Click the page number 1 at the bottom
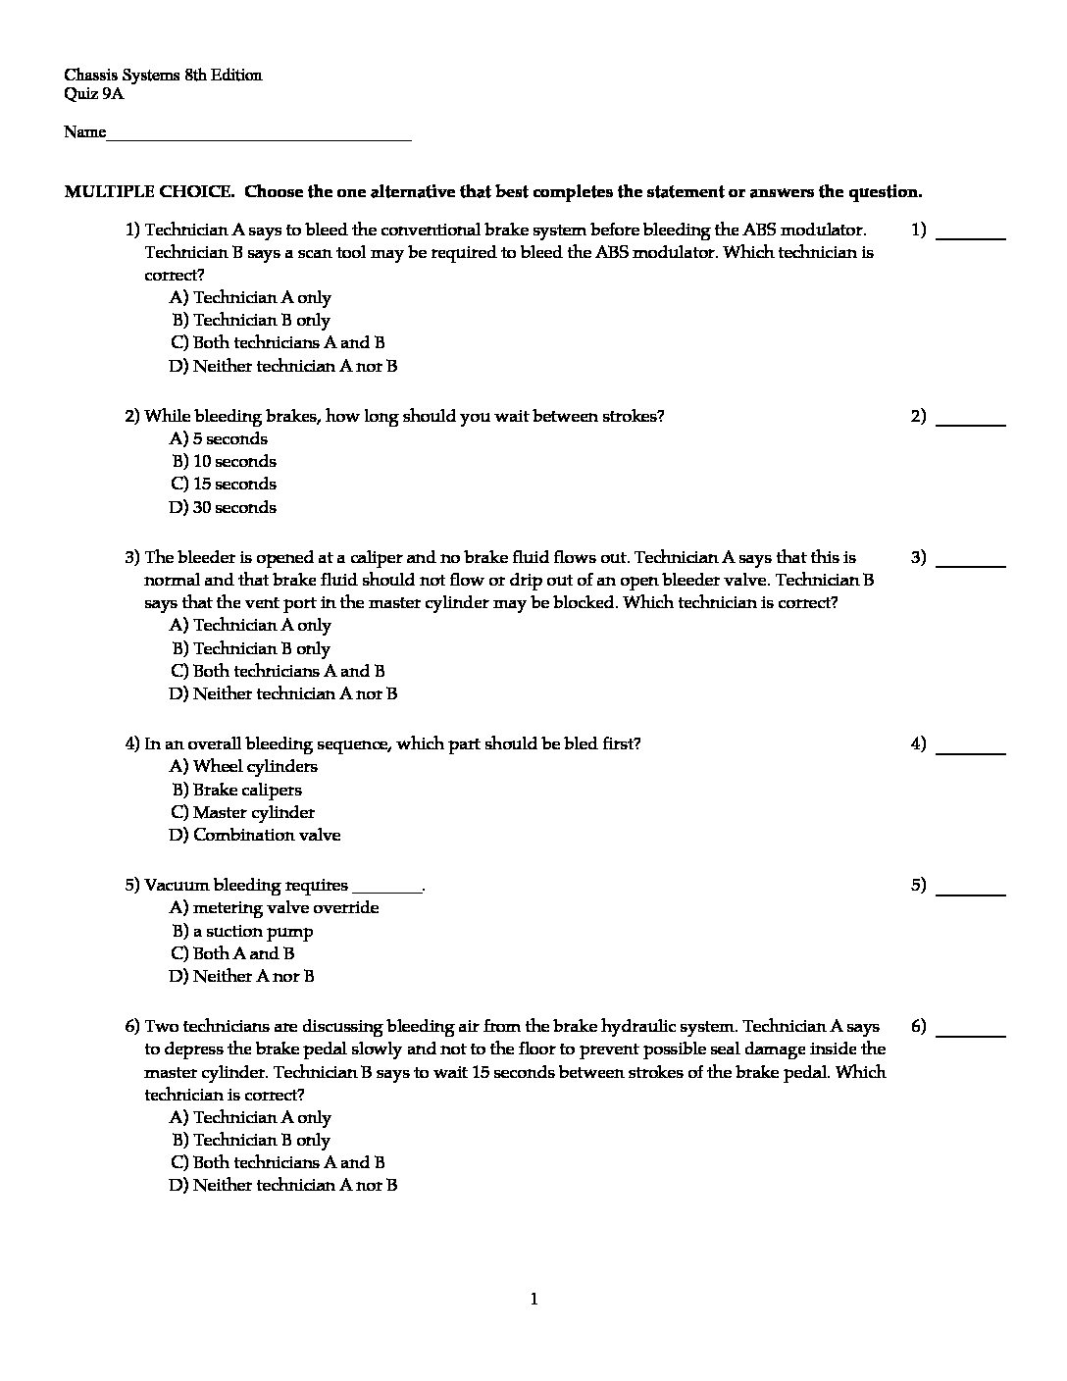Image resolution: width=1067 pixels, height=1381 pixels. click(x=533, y=1300)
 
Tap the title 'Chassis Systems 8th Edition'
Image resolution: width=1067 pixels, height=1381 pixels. click(x=163, y=76)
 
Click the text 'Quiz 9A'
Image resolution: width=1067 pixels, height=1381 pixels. click(x=94, y=94)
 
